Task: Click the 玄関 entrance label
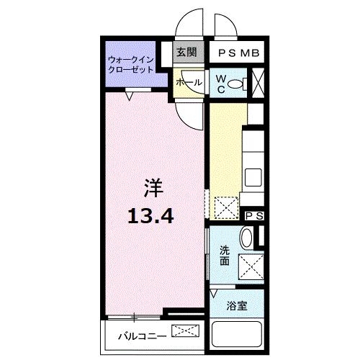186,53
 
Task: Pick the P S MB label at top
238,53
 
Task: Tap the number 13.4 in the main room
152,214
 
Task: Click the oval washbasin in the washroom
247,238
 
